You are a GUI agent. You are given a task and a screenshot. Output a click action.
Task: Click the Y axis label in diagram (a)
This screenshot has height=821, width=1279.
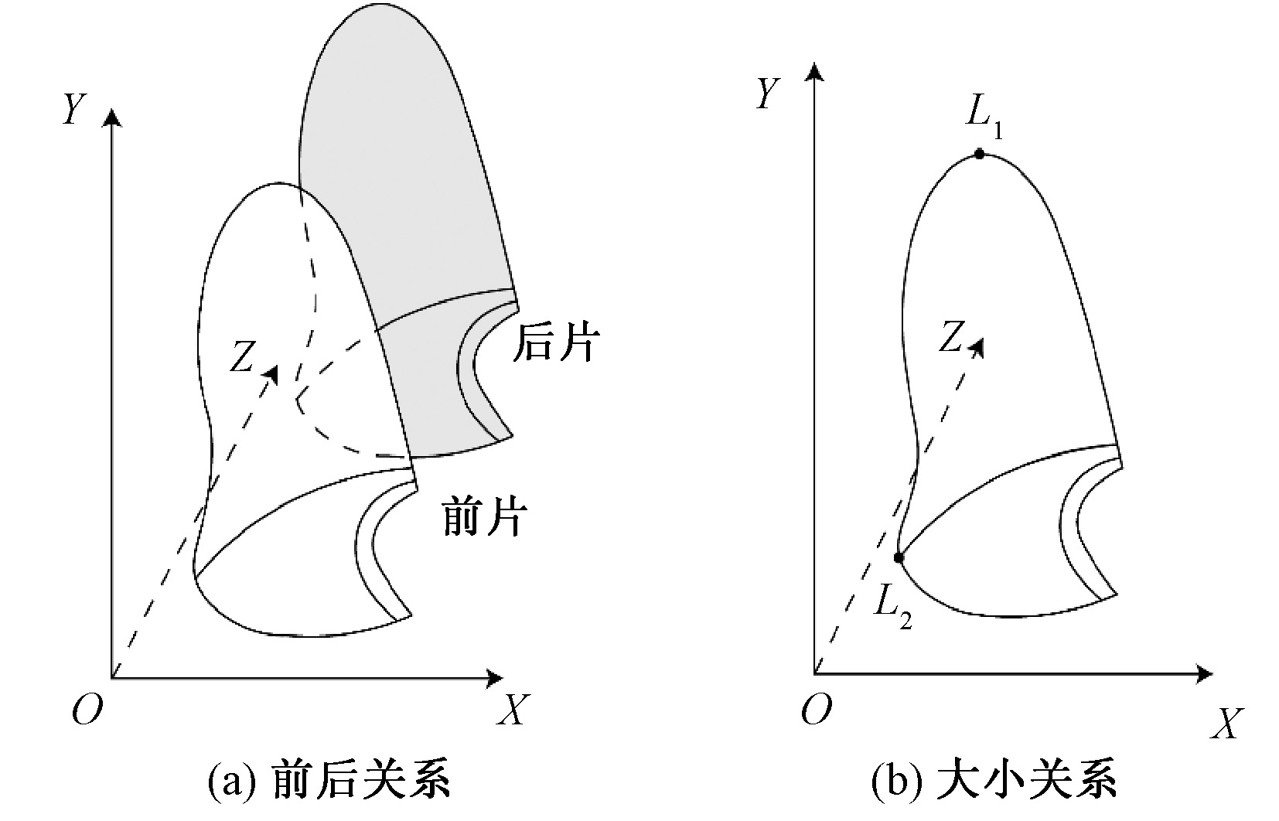click(73, 109)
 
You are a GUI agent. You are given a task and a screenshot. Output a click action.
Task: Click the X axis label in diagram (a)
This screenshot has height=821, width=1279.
click(511, 709)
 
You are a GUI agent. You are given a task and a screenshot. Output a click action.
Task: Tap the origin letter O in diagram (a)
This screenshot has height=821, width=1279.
click(87, 710)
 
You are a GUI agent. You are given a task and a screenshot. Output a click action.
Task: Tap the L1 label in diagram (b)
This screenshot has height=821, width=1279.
click(984, 117)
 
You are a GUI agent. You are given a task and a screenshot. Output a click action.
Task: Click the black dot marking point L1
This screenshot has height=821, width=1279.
click(979, 154)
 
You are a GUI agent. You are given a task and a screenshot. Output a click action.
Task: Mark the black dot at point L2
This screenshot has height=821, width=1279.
click(899, 557)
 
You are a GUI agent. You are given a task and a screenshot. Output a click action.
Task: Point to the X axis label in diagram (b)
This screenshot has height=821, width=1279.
click(1225, 723)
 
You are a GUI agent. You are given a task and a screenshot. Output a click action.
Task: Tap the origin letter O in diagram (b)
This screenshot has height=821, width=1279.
click(816, 710)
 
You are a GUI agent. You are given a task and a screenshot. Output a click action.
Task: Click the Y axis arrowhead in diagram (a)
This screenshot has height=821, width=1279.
click(113, 117)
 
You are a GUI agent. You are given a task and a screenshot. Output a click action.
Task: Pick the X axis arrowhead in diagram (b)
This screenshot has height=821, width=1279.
click(1203, 674)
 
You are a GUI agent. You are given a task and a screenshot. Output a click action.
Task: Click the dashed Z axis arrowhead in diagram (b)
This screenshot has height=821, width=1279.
click(978, 347)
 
